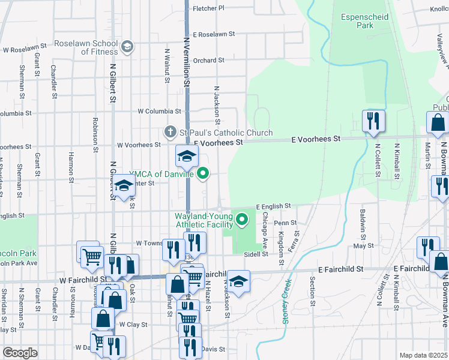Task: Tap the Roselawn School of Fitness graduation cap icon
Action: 127,47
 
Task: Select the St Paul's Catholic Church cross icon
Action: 170,132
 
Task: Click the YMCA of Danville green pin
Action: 203,174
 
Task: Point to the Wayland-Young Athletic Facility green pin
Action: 243,220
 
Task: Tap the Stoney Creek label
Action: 287,300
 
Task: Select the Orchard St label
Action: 208,60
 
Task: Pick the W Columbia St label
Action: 159,111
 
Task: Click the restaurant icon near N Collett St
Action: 373,121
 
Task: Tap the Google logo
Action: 20,352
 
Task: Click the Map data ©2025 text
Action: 423,355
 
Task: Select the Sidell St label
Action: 255,254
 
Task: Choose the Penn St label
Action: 285,223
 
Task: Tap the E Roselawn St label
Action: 213,35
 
